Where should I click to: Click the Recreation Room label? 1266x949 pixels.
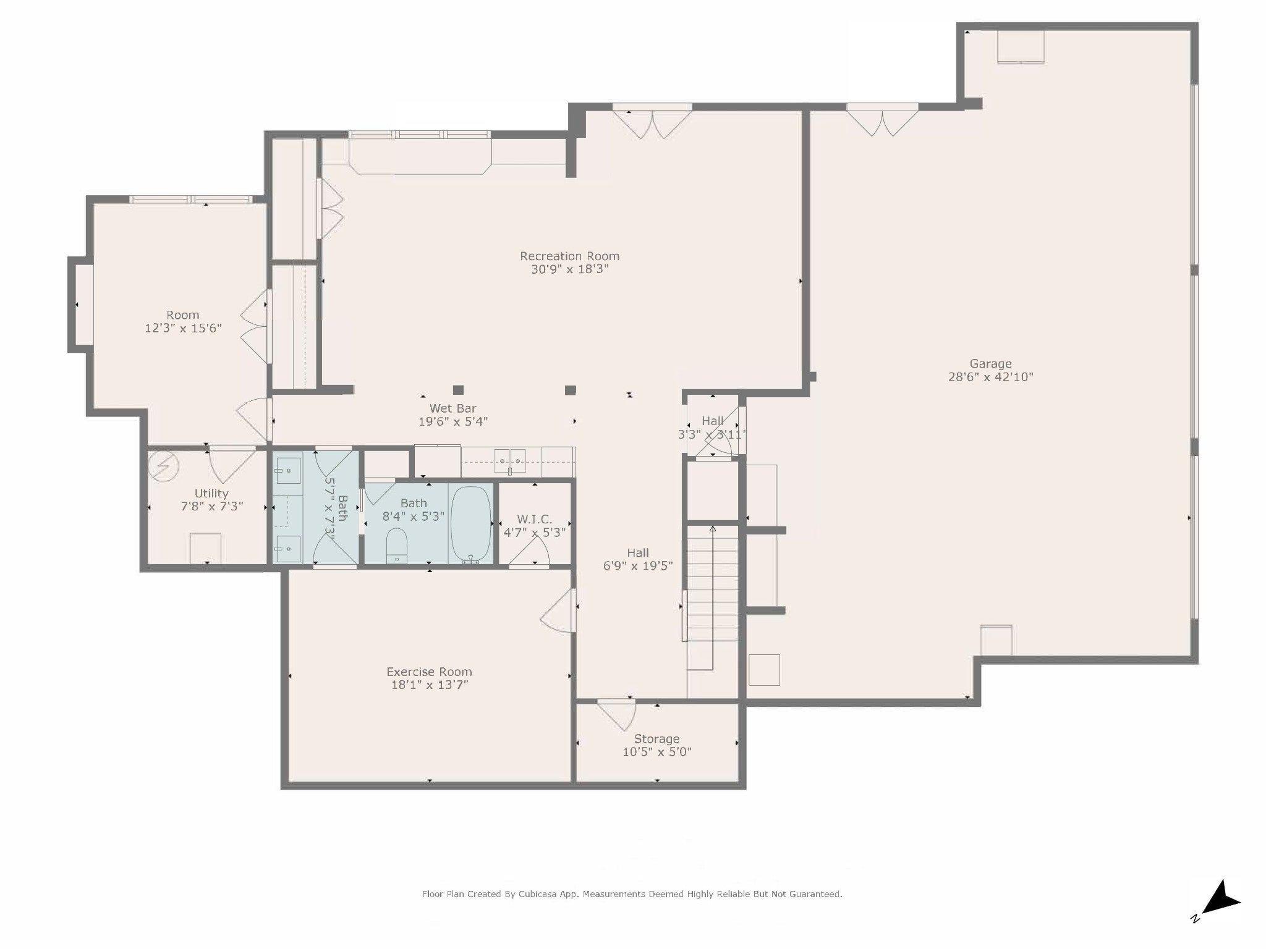point(569,256)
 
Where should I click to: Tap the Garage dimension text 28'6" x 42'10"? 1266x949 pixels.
point(990,377)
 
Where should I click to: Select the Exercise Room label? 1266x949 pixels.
point(429,672)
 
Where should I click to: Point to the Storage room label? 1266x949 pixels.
point(656,739)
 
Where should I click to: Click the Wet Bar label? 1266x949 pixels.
point(452,408)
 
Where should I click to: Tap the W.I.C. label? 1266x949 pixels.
point(535,520)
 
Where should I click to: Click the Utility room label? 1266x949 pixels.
point(211,494)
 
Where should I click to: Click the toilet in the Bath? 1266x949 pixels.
point(397,545)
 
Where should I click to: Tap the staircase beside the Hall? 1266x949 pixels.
point(713,596)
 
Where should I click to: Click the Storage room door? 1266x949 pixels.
point(616,714)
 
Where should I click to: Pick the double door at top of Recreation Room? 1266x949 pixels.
point(652,122)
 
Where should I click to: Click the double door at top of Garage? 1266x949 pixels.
point(882,120)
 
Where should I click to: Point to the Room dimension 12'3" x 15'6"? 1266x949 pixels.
point(183,328)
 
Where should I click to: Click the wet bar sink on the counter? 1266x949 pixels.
point(510,460)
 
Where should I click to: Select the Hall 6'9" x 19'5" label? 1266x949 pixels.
point(638,559)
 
